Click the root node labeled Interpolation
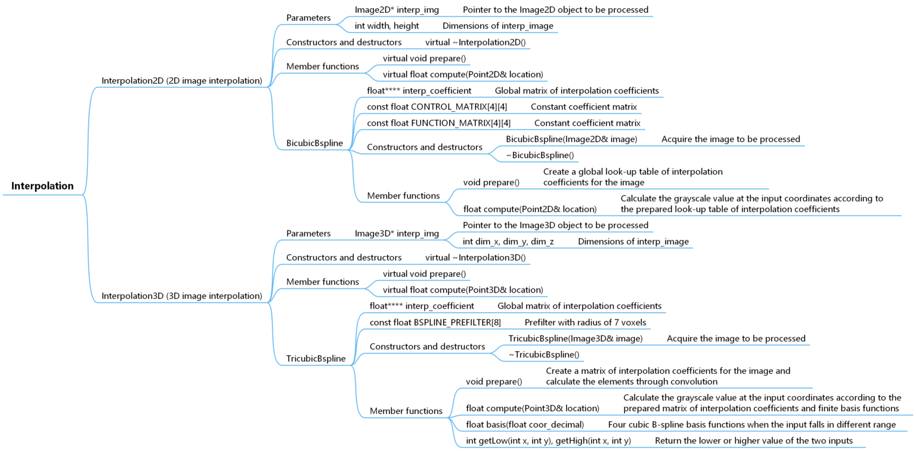42,186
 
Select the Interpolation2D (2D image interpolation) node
182,80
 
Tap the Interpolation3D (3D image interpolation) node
182,296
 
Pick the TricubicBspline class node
315,359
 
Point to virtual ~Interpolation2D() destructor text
475,42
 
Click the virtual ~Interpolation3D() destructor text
475,257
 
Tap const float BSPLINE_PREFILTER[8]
435,322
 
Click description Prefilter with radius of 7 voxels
585,322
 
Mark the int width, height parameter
386,26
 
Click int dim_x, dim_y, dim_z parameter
508,242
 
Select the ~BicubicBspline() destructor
540,155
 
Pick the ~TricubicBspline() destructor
543,354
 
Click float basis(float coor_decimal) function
525,425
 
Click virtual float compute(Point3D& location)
463,290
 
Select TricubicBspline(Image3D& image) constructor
575,338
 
